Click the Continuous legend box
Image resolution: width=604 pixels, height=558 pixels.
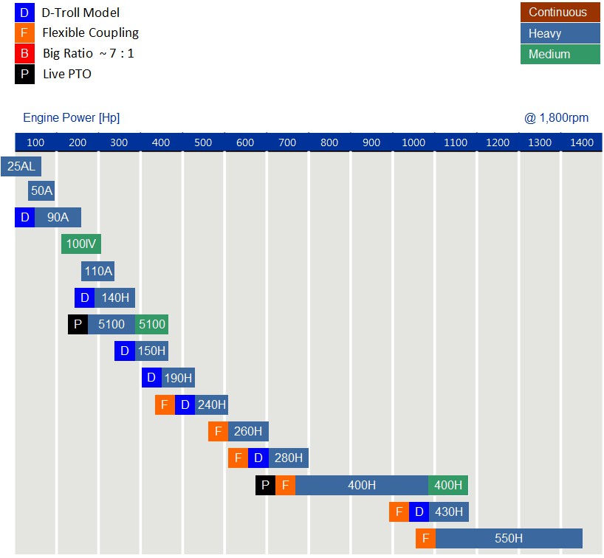560,13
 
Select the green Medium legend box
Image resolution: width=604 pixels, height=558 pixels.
560,54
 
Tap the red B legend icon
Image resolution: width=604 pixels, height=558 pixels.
24,53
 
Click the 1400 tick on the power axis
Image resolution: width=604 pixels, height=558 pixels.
582,142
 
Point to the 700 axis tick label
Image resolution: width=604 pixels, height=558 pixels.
287,142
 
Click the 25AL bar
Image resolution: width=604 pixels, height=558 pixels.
21,166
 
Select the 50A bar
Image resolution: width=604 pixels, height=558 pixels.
41,191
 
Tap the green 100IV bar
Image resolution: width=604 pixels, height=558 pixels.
81,244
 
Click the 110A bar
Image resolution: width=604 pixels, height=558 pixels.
98,271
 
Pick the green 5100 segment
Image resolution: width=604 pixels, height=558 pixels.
152,324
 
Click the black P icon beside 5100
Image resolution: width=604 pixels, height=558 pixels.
78,324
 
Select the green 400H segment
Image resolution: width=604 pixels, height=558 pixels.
448,485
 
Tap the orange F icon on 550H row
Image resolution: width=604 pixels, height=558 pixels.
425,538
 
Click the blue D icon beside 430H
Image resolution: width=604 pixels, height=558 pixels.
419,512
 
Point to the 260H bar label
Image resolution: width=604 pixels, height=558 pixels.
248,431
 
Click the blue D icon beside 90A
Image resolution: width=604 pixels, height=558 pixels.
24,217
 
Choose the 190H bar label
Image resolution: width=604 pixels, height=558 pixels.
178,378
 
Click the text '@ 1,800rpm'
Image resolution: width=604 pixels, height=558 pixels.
556,118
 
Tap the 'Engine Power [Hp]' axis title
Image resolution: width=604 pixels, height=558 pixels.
72,118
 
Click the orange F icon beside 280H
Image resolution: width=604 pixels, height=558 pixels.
238,458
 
